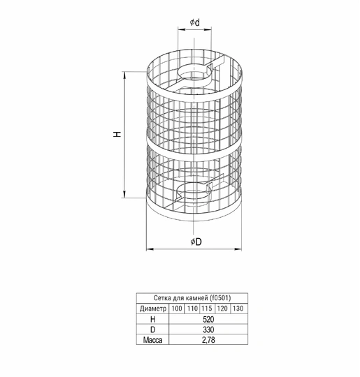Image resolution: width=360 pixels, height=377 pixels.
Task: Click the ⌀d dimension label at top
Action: click(195, 22)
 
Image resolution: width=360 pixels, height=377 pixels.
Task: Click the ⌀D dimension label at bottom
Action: click(196, 242)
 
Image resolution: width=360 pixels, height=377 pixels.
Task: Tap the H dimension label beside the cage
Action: click(117, 134)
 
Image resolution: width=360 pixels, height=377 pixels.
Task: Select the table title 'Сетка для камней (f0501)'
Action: click(192, 298)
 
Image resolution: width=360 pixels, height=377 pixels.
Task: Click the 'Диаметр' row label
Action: click(153, 309)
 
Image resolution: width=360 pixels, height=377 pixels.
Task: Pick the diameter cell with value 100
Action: click(177, 309)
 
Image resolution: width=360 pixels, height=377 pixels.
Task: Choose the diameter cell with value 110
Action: click(192, 309)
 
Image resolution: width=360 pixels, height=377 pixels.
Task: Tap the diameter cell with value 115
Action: click(207, 309)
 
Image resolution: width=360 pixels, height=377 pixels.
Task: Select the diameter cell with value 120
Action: click(222, 309)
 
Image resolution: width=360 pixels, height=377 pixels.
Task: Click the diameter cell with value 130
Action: click(238, 309)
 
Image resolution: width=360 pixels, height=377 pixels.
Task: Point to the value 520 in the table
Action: click(208, 319)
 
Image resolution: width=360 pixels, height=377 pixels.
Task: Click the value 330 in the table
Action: click(208, 330)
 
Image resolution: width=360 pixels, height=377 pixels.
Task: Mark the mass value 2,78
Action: click(208, 340)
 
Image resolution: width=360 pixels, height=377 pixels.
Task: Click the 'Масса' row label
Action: click(152, 340)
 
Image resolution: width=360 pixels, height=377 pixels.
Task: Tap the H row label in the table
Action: click(152, 319)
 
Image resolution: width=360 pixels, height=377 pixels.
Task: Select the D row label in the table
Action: click(152, 330)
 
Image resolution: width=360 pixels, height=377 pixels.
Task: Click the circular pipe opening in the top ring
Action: click(194, 73)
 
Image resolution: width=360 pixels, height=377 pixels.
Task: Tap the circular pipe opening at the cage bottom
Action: click(194, 192)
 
